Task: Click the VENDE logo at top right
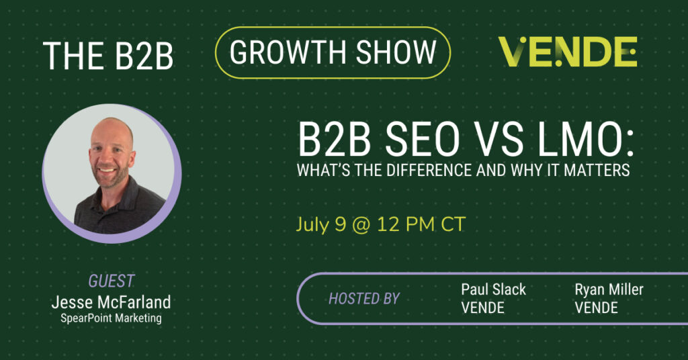click(567, 52)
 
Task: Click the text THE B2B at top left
click(108, 56)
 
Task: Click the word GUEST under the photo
click(112, 281)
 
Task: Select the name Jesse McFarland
click(112, 302)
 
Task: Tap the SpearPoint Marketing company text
click(112, 318)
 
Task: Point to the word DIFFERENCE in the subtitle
click(429, 170)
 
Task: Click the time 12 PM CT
click(421, 224)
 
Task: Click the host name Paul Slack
click(493, 289)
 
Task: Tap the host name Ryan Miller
click(609, 289)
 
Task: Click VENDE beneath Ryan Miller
click(596, 308)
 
